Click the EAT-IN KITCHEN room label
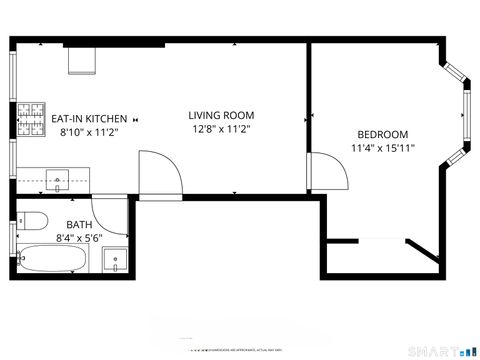(x=89, y=118)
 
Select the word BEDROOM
(x=382, y=135)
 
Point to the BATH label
(x=79, y=225)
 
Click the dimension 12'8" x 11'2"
(x=221, y=129)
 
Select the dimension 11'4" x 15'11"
(x=382, y=149)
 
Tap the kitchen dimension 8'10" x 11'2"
(x=89, y=131)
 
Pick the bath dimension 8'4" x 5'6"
(x=79, y=238)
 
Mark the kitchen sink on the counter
(x=59, y=181)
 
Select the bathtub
(x=55, y=261)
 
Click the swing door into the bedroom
(x=327, y=170)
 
